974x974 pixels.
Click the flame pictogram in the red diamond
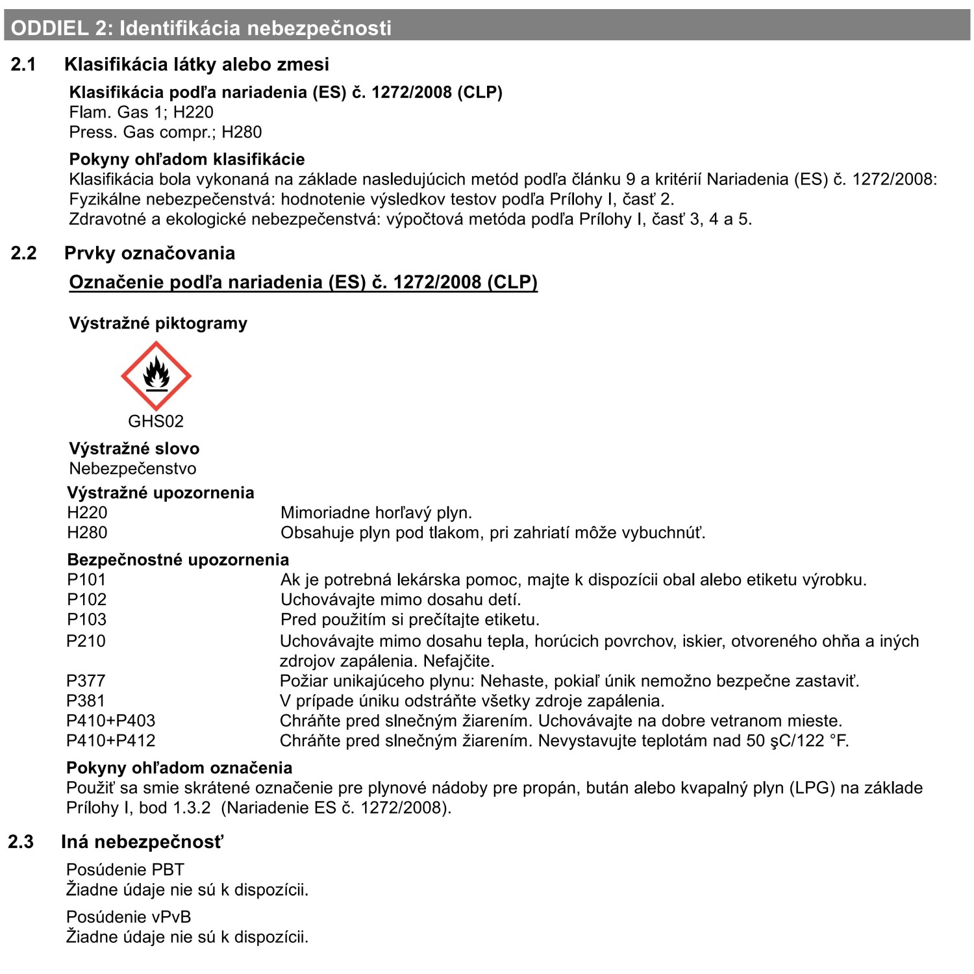pos(156,375)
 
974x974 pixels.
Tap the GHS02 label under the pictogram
pos(156,421)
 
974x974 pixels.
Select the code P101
pos(86,579)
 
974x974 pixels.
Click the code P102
pos(86,599)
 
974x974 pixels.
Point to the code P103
pos(86,619)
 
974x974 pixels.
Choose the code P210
pos(86,641)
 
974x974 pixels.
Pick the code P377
pos(86,681)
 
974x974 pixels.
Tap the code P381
pos(86,701)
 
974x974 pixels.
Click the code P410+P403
pos(111,721)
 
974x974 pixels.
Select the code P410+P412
pos(111,740)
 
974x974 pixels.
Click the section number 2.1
pos(23,64)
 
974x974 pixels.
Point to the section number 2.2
pos(23,253)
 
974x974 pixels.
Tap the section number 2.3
pos(21,842)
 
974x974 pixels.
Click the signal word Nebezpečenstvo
pos(132,468)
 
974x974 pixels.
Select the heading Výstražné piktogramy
pos(158,323)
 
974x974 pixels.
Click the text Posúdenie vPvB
pos(129,917)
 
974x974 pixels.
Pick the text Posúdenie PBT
pos(125,869)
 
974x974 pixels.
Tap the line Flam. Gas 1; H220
pos(141,112)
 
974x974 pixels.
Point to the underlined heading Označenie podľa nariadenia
pos(303,282)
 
